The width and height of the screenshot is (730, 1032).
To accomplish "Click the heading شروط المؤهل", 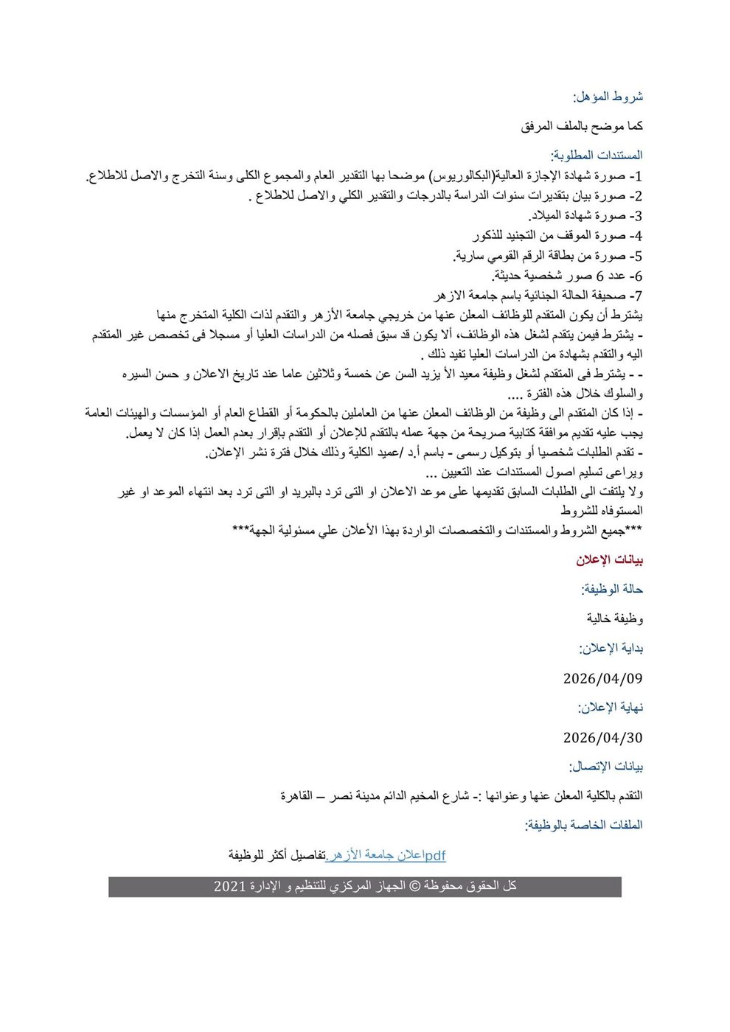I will (608, 97).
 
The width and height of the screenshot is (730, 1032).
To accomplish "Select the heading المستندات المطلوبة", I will (597, 156).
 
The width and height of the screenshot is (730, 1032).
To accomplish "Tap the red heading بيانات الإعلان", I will (610, 559).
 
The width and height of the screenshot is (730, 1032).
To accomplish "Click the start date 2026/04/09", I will (602, 678).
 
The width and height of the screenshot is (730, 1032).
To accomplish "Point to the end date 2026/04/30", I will (602, 737).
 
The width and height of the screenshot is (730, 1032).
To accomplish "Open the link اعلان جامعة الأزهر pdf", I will (386, 855).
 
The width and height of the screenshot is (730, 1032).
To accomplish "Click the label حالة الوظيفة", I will (612, 589).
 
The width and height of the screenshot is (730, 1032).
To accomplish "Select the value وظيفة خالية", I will (615, 618).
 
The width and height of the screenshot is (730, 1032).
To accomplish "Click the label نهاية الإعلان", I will (610, 707).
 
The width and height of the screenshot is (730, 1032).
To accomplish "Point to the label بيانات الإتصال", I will (605, 767).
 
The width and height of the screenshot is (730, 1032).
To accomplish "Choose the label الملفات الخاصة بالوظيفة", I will (583, 825).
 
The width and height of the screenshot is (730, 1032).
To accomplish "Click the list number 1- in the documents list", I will (636, 176).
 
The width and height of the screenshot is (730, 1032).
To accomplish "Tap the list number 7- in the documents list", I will (636, 296).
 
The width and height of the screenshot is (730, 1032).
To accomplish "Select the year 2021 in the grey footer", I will (229, 886).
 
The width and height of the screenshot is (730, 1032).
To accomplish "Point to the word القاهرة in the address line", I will (296, 796).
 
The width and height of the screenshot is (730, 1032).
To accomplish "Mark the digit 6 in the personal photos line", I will (600, 276).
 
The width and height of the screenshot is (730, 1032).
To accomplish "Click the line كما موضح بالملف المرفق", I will (582, 126).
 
